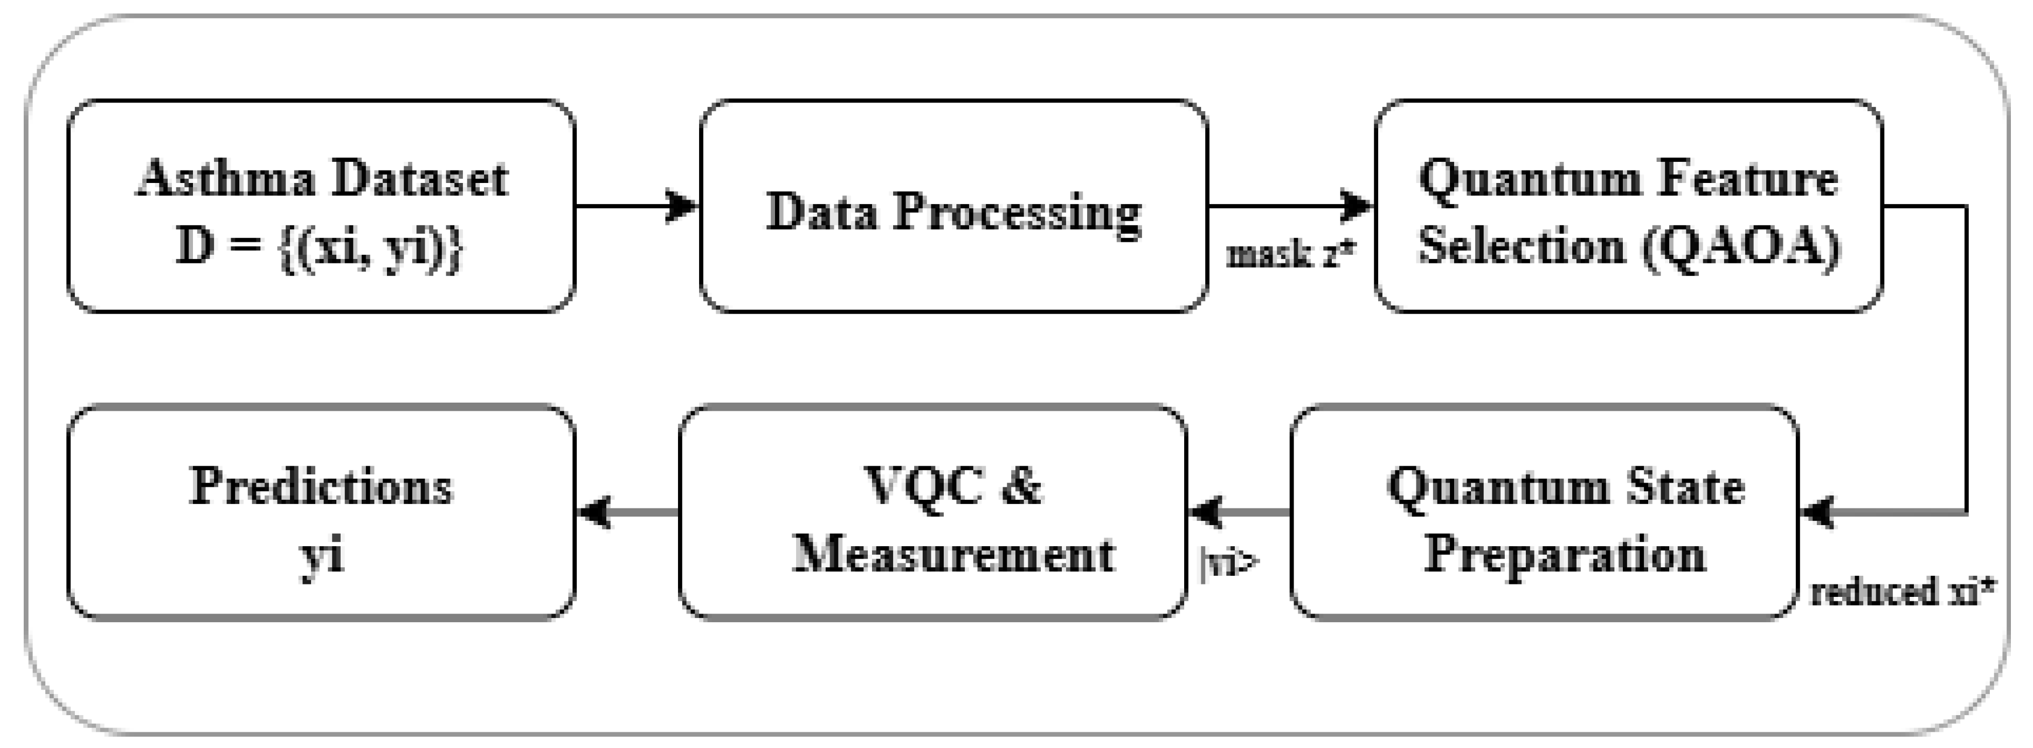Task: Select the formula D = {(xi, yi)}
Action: click(320, 247)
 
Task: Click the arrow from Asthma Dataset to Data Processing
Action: click(636, 206)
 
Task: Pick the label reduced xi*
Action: click(1903, 591)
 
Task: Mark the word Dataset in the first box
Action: click(419, 179)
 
